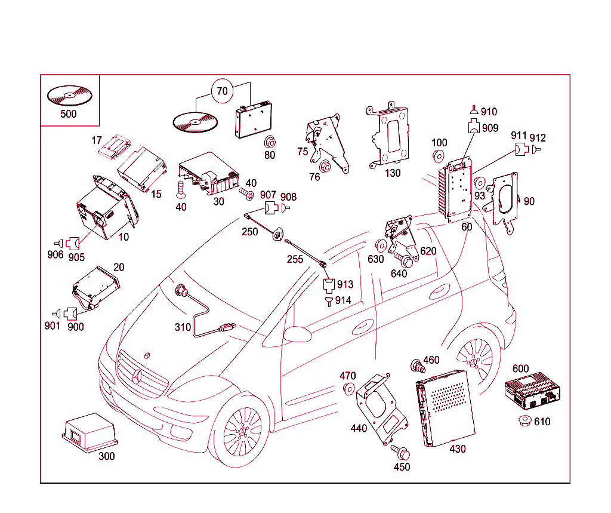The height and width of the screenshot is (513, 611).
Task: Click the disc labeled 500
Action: (68, 95)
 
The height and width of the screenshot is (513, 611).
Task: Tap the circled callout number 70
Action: (222, 91)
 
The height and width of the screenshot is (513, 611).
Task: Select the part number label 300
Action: (106, 456)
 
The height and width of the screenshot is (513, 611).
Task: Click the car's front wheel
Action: (242, 429)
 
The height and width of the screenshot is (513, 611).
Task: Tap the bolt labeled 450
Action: (399, 451)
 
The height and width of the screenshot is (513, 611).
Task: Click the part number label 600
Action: (520, 368)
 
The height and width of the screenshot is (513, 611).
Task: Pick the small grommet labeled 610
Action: (525, 421)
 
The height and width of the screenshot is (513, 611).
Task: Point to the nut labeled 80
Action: (270, 142)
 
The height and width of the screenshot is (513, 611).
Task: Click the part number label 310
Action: (183, 327)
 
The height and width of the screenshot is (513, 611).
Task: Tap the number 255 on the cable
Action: (294, 259)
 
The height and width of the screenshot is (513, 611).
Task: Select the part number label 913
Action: (345, 284)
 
